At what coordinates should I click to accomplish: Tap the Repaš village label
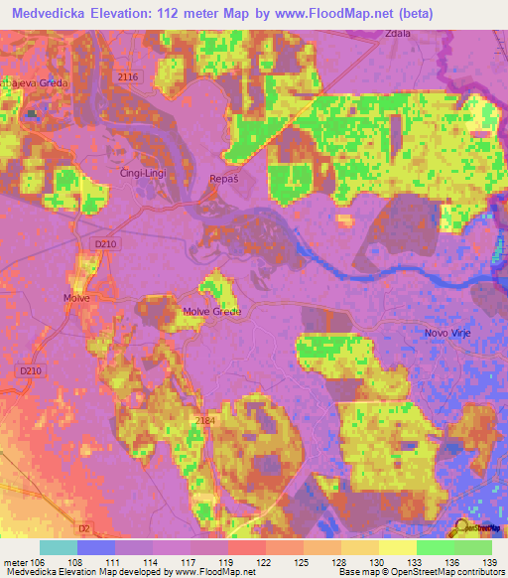pos(224,178)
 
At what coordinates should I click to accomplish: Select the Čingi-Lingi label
pos(142,173)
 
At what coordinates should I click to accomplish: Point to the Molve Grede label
pos(211,312)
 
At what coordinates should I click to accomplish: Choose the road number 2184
pos(204,421)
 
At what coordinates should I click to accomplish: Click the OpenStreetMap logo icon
pos(462,526)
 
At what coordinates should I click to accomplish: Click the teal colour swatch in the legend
pos(59,546)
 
